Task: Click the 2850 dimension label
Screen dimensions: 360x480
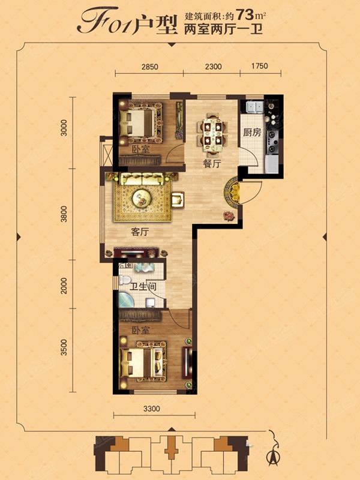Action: coord(150,67)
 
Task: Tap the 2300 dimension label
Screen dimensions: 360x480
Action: coord(214,66)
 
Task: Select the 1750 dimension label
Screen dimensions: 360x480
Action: coord(260,66)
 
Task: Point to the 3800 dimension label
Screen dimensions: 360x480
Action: coord(64,214)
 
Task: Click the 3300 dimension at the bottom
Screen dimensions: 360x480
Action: coord(152,409)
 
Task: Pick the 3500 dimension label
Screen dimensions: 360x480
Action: coord(64,347)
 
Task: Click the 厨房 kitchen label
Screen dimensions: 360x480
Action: coord(252,133)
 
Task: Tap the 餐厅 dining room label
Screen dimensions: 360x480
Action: coord(212,163)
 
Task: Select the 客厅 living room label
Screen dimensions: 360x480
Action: coord(140,232)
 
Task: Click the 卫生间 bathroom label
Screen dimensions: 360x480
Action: coord(143,287)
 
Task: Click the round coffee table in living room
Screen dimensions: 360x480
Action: coord(142,198)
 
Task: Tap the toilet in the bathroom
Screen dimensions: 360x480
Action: coord(125,280)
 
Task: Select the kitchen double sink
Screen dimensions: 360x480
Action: coord(255,107)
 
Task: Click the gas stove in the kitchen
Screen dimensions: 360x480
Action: coord(272,142)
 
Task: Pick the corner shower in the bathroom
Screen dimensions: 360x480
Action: coord(125,301)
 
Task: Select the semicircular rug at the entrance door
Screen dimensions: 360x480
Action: coord(232,193)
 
